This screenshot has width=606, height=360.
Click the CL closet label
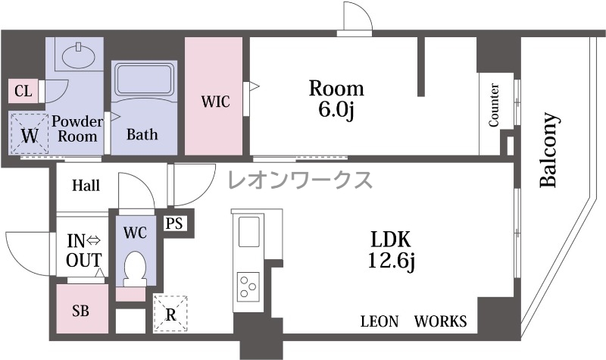pyautogui.click(x=23, y=91)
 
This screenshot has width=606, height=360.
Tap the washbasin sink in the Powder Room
pyautogui.click(x=79, y=56)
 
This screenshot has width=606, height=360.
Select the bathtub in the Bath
pyautogui.click(x=144, y=80)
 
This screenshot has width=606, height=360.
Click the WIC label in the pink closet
pyautogui.click(x=215, y=102)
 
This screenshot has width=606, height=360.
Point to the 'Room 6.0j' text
pyautogui.click(x=336, y=99)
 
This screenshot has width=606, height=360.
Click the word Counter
pyautogui.click(x=494, y=105)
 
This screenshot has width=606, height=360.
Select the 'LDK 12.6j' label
pyautogui.click(x=390, y=250)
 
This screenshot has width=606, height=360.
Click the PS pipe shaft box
pyautogui.click(x=174, y=223)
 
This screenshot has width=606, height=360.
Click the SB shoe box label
pyautogui.click(x=81, y=310)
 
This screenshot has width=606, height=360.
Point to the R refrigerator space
pyautogui.click(x=170, y=314)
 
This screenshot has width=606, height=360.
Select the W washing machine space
pyautogui.click(x=30, y=134)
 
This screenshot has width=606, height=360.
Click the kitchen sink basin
pyautogui.click(x=249, y=231)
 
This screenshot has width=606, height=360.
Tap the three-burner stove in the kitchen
pyautogui.click(x=248, y=287)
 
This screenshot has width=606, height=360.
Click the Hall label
pyautogui.click(x=86, y=186)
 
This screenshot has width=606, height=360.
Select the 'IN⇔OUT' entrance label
pyautogui.click(x=84, y=251)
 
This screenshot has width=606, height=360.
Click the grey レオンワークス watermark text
pyautogui.click(x=300, y=180)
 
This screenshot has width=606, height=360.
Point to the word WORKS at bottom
pyautogui.click(x=441, y=321)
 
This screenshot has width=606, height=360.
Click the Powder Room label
pyautogui.click(x=77, y=129)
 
